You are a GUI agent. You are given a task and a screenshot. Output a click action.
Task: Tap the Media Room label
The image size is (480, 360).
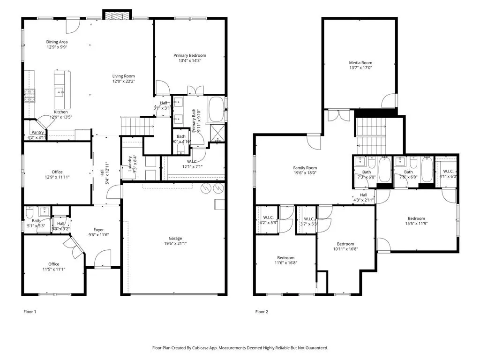pyautogui.click(x=360, y=63)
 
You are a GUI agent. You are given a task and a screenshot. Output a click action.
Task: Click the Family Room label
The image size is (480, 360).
pyautogui.click(x=305, y=168)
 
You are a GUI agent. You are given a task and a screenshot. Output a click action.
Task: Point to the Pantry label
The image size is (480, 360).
pyautogui.click(x=37, y=133)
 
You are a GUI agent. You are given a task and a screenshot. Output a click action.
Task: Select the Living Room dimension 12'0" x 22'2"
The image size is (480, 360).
pyautogui.click(x=123, y=82)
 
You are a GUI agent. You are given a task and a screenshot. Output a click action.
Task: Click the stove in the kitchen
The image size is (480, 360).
pyautogui.click(x=30, y=96)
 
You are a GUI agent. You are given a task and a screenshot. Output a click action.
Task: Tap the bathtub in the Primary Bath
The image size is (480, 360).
pyautogui.click(x=216, y=109)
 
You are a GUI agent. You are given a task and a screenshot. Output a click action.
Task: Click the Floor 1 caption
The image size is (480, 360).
pyautogui.click(x=30, y=311)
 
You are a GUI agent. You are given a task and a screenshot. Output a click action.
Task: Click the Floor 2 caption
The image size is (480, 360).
pyautogui.click(x=262, y=311)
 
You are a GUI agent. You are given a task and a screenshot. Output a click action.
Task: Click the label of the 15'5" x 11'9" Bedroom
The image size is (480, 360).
pyautogui.click(x=416, y=218)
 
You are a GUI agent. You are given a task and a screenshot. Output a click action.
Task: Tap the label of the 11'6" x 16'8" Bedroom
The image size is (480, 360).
pyautogui.click(x=285, y=258)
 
